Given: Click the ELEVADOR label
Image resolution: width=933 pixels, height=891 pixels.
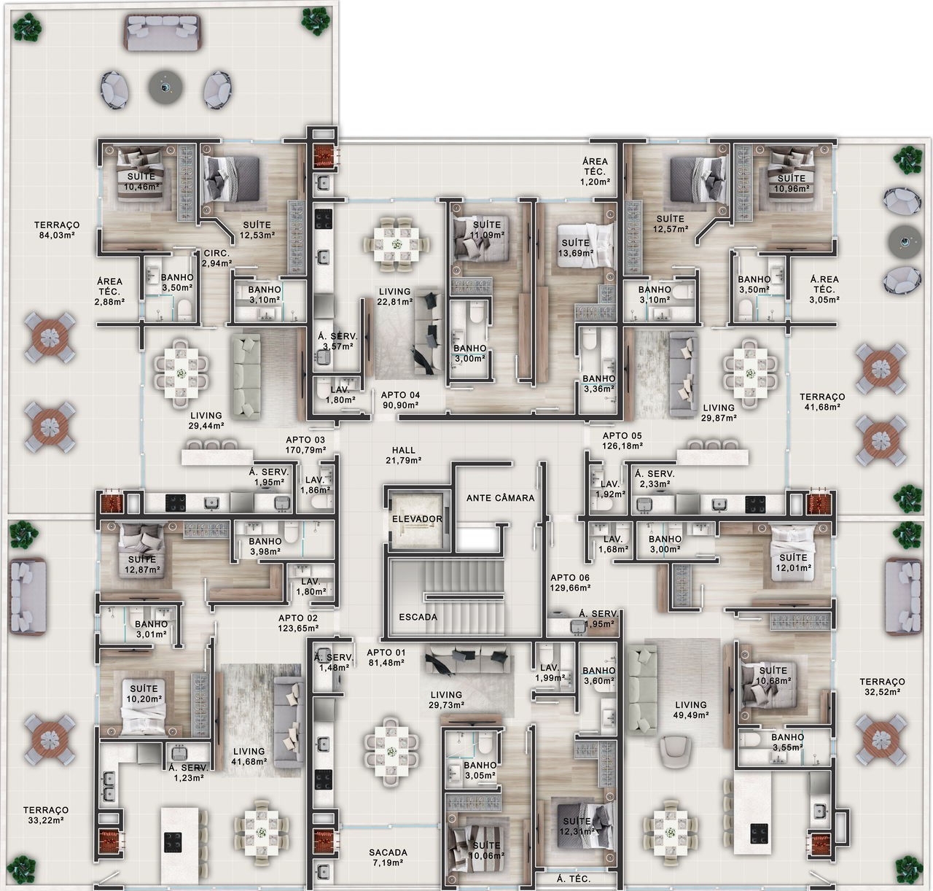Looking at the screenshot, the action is (x=417, y=519).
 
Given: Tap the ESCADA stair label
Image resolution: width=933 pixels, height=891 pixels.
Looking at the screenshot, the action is (x=418, y=617).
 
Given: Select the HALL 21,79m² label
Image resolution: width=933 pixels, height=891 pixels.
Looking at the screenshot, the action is (x=404, y=455).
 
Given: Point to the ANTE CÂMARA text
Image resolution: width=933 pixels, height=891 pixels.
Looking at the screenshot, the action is (x=501, y=498).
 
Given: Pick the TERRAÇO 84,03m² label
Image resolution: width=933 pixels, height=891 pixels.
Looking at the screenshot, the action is (x=57, y=230).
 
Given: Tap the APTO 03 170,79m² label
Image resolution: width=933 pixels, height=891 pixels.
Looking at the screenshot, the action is (x=305, y=445).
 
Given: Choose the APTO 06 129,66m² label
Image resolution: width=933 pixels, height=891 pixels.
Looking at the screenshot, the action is (x=570, y=583).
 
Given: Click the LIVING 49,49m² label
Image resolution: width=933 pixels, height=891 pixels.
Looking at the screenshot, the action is (x=691, y=709).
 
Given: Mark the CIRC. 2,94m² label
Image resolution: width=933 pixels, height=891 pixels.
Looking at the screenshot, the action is (x=216, y=258).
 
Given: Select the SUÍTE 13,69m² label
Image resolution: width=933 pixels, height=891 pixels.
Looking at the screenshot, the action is (x=576, y=247).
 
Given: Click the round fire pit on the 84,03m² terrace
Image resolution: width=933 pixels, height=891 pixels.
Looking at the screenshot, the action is (x=165, y=87).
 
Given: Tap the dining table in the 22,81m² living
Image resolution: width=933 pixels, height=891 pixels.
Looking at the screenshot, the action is (x=397, y=244).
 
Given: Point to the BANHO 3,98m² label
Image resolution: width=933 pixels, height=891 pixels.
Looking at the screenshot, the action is (x=265, y=547).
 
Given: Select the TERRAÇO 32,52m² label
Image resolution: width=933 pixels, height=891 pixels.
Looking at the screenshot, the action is (x=882, y=686).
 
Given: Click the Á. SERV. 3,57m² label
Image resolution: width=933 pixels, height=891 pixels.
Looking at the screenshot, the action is (x=337, y=341).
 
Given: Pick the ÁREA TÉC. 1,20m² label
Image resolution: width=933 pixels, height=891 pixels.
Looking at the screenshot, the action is (x=595, y=171).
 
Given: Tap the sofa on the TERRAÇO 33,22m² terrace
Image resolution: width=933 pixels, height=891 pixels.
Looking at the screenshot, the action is (x=27, y=596).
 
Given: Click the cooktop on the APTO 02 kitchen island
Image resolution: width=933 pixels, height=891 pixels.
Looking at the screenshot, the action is (x=173, y=842).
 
